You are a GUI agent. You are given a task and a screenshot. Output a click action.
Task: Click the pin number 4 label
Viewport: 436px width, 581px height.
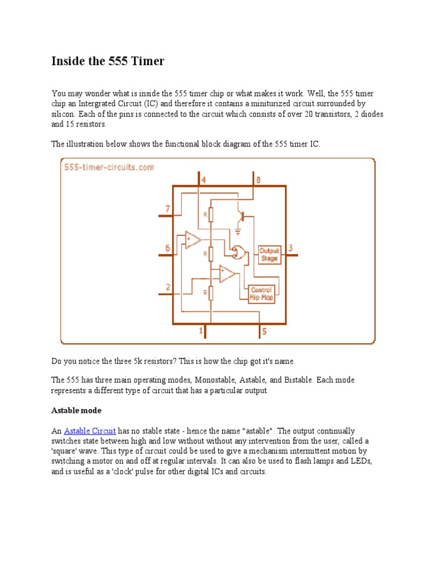[x=203, y=180]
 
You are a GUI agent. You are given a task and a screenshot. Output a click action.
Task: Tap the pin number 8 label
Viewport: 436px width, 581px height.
[x=258, y=180]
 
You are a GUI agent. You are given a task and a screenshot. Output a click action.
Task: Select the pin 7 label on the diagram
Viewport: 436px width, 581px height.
[x=167, y=209]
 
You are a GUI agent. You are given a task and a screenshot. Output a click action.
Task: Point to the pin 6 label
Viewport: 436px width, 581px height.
[x=167, y=248]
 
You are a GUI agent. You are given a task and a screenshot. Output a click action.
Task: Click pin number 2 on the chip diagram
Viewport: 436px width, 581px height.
[x=167, y=287]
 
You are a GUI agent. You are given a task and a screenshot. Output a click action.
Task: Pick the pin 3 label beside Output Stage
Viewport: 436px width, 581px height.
[x=291, y=248]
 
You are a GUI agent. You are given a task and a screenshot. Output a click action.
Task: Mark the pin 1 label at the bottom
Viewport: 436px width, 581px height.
[x=201, y=330]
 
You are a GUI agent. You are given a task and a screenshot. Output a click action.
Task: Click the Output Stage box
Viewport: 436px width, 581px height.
[x=269, y=254]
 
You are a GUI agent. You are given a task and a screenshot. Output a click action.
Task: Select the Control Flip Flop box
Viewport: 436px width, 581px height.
[x=261, y=293]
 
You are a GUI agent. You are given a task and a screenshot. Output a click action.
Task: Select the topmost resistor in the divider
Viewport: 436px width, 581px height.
[x=210, y=214]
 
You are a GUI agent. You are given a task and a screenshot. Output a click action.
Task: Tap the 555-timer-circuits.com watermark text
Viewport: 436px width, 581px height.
[x=108, y=167]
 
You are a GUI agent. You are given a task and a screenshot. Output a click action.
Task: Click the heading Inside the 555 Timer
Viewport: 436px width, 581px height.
[x=108, y=61]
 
